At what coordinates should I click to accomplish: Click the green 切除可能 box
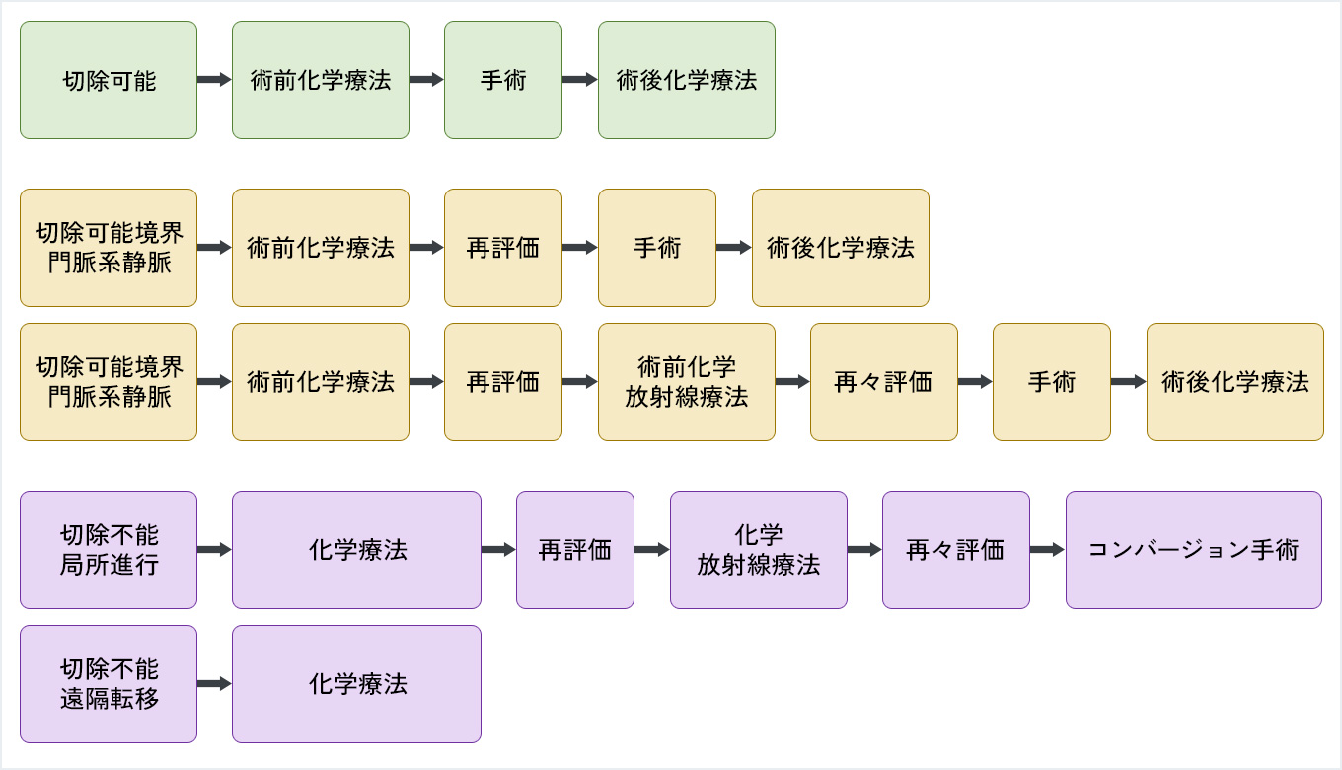tap(109, 80)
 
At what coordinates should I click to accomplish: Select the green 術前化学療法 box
tap(321, 80)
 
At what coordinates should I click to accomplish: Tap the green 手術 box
tap(503, 80)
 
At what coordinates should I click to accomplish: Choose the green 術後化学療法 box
tap(687, 80)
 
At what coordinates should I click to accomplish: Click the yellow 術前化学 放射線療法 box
tap(687, 382)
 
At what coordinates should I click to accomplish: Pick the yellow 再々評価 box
tap(883, 382)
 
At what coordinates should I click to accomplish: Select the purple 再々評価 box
tap(955, 550)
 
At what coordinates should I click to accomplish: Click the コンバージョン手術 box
tap(1193, 550)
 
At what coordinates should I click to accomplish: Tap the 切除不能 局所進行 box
tap(109, 550)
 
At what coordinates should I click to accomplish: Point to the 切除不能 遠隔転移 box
tap(109, 684)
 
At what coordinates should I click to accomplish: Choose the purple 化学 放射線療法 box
tap(759, 550)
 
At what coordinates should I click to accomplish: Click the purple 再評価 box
tap(575, 550)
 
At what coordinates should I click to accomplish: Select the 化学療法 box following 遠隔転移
tap(356, 684)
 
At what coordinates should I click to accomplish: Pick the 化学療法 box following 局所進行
tap(356, 550)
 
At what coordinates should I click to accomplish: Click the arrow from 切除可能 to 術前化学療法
tap(214, 80)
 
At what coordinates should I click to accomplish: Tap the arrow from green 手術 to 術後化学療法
tap(580, 80)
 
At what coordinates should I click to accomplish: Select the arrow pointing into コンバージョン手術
tap(1048, 550)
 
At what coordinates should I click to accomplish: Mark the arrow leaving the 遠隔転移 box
tap(214, 684)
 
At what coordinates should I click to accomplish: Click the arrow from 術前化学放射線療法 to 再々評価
tap(792, 382)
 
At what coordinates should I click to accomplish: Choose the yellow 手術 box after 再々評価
tap(1052, 382)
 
